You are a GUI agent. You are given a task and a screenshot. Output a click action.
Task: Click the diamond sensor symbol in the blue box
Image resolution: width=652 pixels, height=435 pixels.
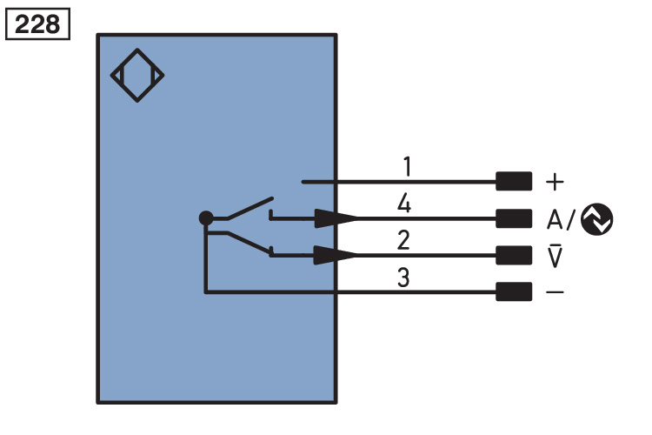pos(137,76)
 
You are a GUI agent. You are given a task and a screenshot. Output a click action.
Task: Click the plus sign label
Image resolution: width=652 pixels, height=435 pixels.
pos(554,182)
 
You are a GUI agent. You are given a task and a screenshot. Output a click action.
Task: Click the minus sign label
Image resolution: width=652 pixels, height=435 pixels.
pos(554,292)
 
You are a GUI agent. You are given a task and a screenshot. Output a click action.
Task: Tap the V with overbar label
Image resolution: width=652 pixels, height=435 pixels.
pos(554,257)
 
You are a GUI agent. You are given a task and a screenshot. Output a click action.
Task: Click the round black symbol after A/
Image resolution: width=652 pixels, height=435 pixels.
pos(597,219)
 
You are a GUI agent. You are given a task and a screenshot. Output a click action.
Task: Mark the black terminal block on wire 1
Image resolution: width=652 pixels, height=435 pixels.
pos(513,182)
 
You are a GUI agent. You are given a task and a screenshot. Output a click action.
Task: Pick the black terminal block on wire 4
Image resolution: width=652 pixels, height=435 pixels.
pos(513,218)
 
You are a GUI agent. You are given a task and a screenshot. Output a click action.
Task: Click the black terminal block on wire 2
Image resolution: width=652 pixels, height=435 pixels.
pos(513,255)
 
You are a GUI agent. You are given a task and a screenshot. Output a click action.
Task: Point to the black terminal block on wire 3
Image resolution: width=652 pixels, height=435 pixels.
pos(513,291)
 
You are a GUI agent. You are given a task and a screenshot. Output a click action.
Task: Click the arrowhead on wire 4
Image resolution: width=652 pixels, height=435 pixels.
pos(336,218)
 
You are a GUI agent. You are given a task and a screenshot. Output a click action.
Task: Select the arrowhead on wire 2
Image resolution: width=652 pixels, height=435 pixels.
pos(336,255)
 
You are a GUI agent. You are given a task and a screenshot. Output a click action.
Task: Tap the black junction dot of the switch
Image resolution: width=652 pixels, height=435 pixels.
pos(205,218)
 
